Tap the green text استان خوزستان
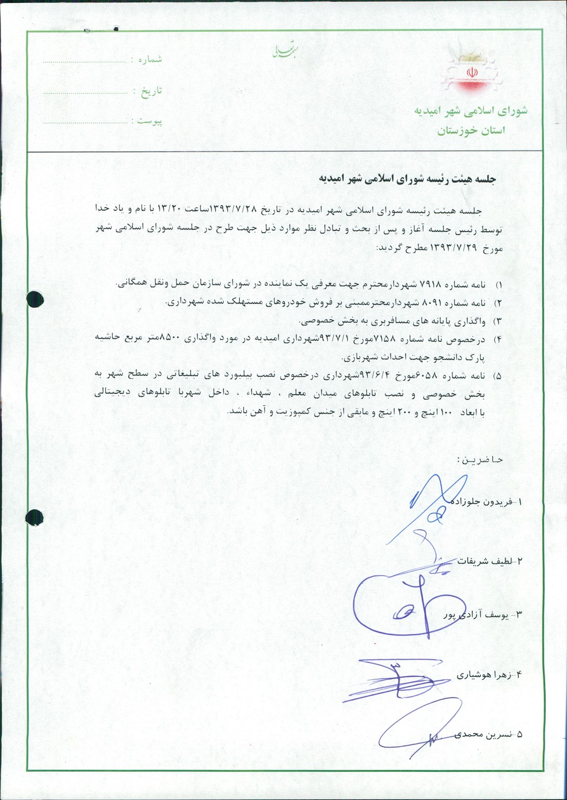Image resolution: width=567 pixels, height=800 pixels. tap(471, 131)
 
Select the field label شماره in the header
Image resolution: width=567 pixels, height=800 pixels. tap(150, 59)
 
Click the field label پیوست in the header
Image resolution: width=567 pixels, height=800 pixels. tap(150, 121)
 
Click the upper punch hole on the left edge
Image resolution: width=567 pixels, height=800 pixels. tap(35, 299)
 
